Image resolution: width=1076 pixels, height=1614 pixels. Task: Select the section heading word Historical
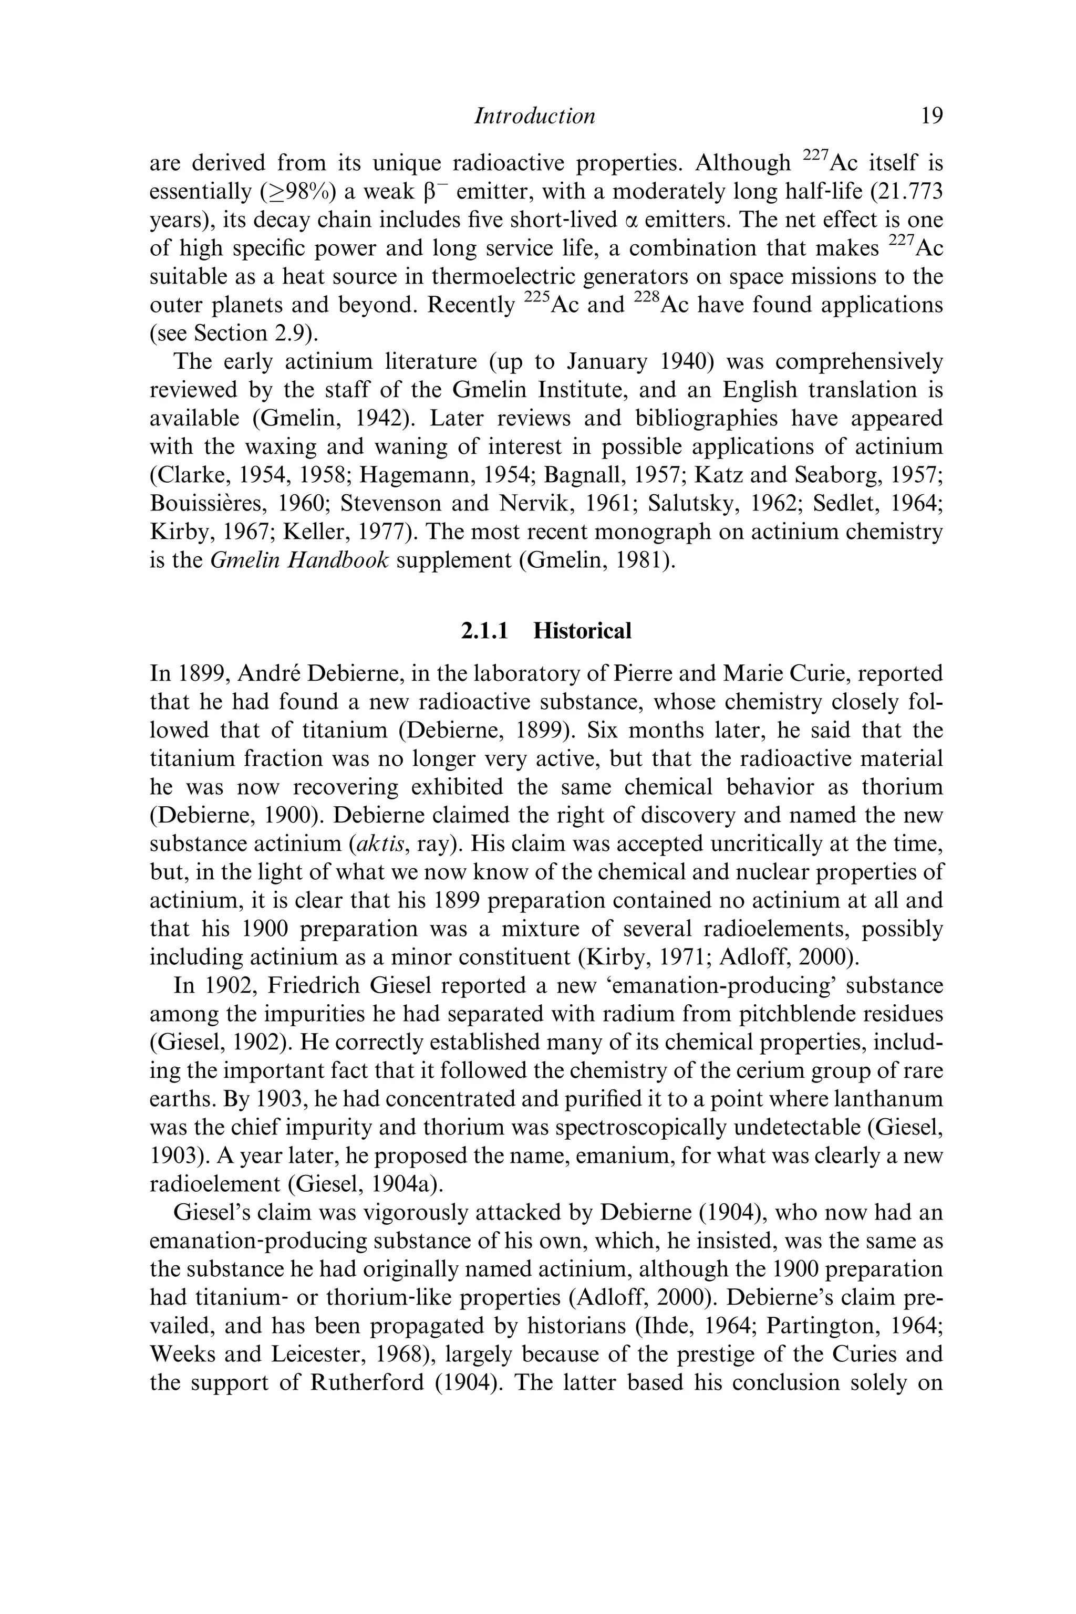582,630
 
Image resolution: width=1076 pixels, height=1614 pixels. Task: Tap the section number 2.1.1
484,630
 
